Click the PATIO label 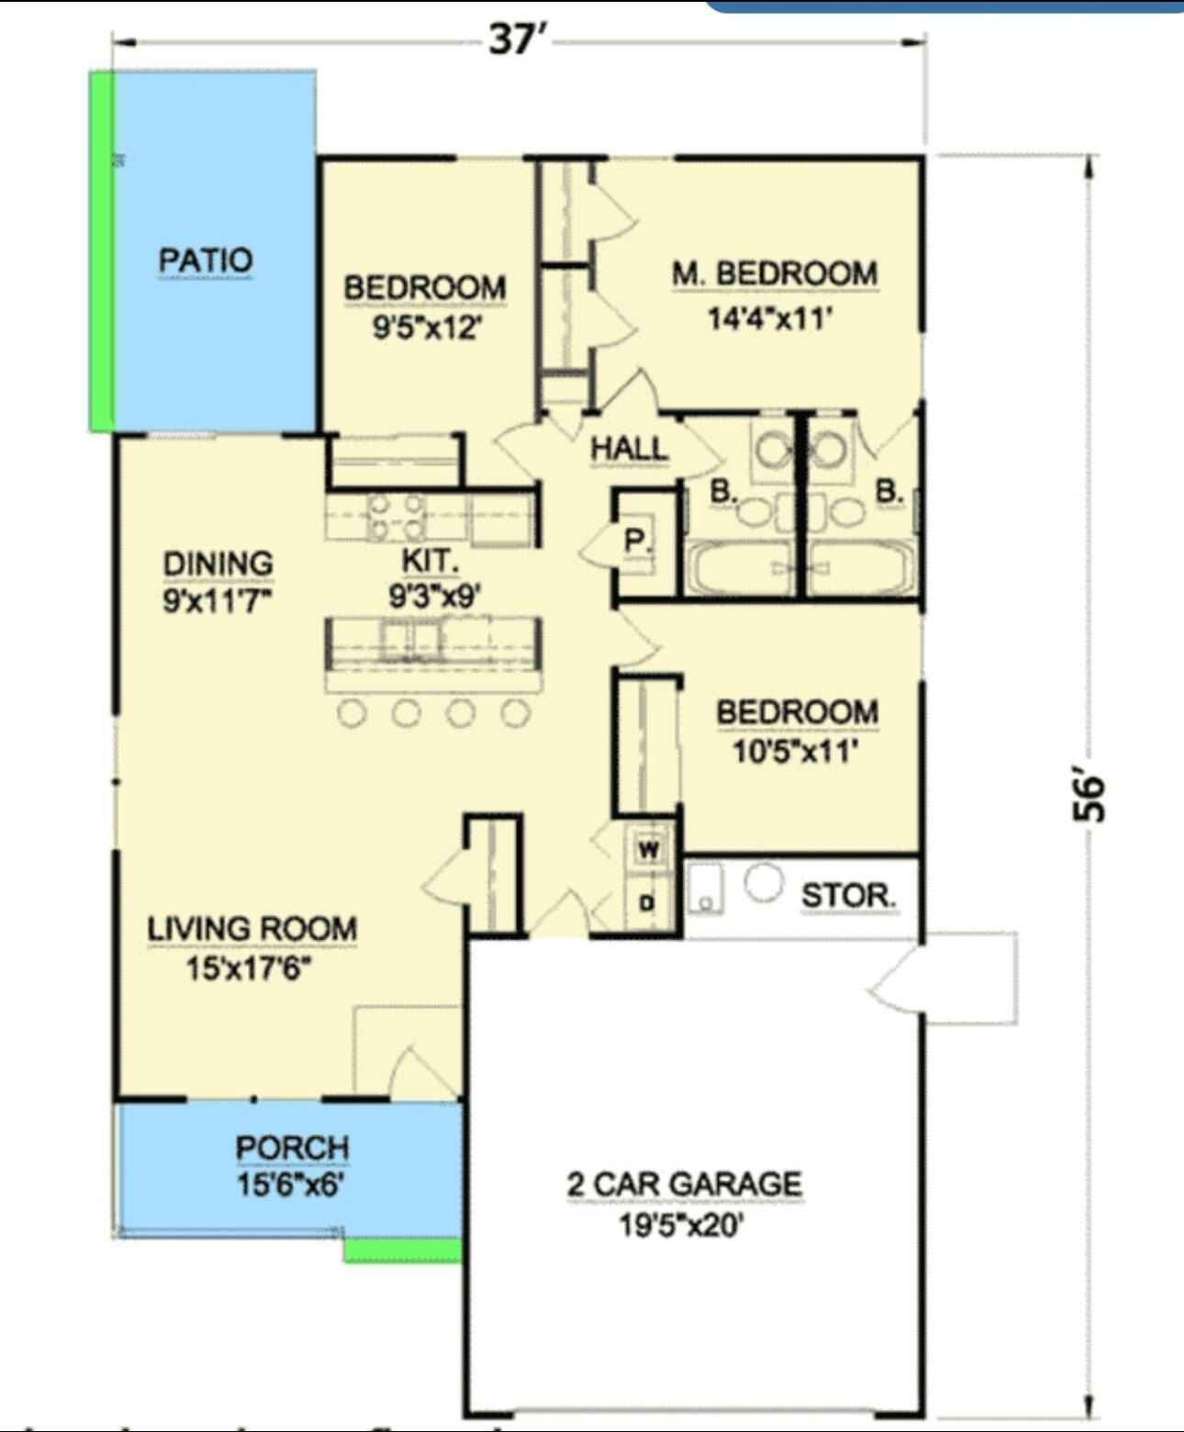point(205,260)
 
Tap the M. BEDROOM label point(775,274)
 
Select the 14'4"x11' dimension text point(769,319)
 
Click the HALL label point(629,449)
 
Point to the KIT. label point(430,560)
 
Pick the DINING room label point(218,564)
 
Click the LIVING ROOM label point(252,928)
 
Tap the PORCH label point(292,1147)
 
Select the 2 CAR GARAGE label point(685,1184)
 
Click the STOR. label point(849,895)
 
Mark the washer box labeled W point(648,849)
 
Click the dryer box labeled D point(647,903)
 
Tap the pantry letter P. point(635,540)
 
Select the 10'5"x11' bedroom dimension point(795,752)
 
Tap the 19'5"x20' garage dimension point(680,1225)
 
